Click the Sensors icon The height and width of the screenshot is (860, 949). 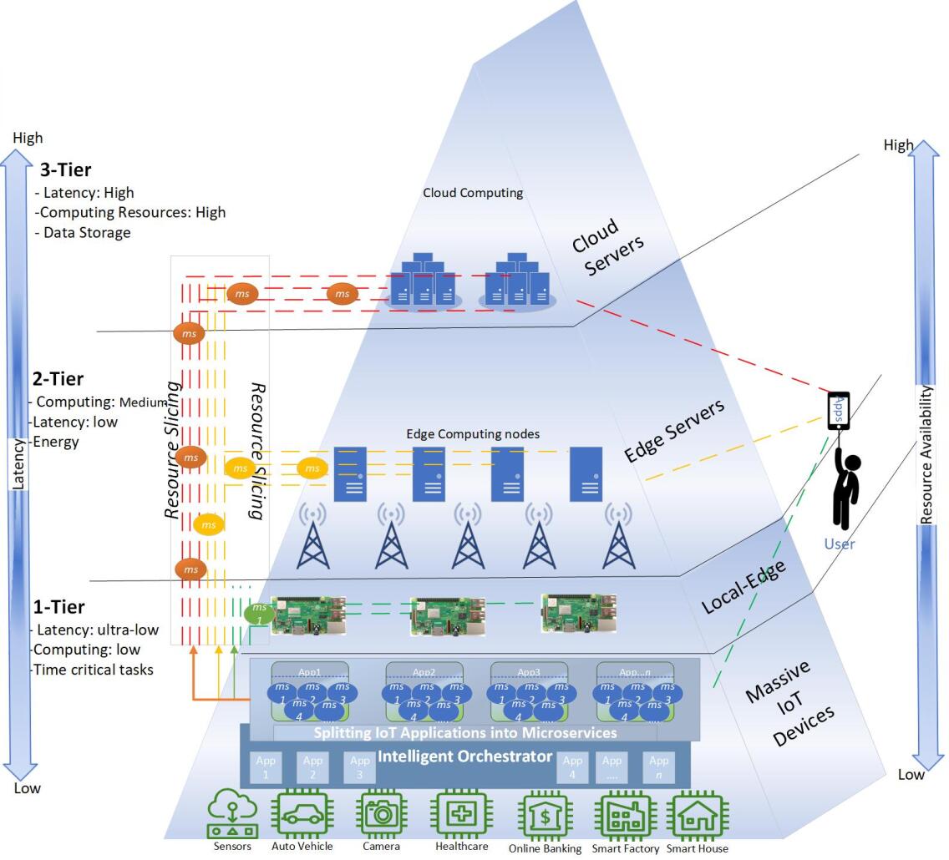click(x=232, y=812)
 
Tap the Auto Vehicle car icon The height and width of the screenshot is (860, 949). click(x=302, y=812)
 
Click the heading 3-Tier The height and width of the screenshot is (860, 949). click(x=65, y=170)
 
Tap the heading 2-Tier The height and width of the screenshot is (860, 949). click(x=58, y=379)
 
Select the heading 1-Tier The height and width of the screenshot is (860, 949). click(x=58, y=607)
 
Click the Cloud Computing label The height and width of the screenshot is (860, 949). click(x=473, y=193)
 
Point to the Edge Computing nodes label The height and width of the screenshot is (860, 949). click(x=473, y=434)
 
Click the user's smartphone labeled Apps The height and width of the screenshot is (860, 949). click(x=839, y=411)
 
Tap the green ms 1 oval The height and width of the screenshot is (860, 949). click(x=259, y=614)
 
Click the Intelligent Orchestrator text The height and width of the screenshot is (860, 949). click(x=464, y=756)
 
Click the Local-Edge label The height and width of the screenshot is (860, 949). click(x=743, y=587)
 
